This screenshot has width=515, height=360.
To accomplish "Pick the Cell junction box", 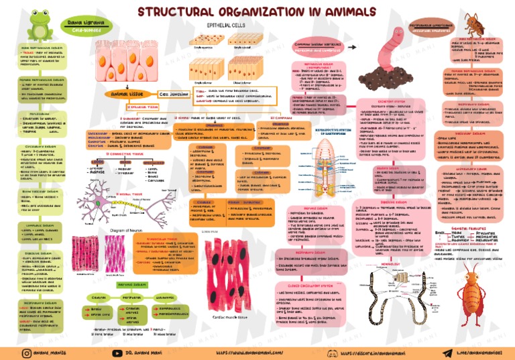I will pyautogui.click(x=176, y=95).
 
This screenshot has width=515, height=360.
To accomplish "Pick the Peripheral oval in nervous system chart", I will pyautogui.click(x=131, y=297).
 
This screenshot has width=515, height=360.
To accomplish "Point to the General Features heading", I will pyautogui.click(x=474, y=228).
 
